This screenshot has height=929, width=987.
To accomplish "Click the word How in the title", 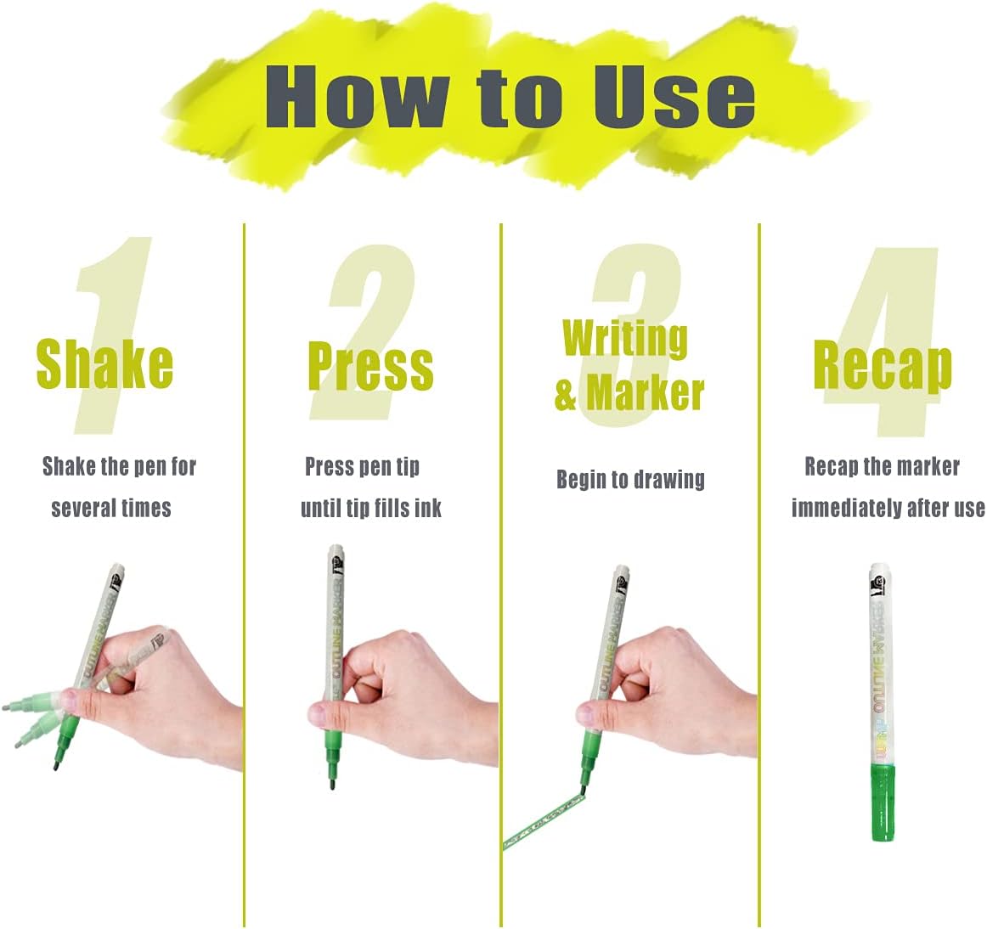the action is point(356,97).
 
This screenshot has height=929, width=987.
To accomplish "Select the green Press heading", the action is point(370,366).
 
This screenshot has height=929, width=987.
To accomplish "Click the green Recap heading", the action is point(883,366).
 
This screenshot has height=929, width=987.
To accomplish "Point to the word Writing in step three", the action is point(625,339).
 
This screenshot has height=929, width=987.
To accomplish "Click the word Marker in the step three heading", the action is point(646,393).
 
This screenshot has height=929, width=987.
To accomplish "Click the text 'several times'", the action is point(111,507).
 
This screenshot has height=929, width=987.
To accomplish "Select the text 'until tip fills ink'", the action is point(370,507).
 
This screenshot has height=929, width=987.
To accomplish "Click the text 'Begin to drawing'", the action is point(630,480).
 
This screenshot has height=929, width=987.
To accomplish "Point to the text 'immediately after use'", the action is point(888,507).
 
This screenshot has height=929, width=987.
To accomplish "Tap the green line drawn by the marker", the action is point(544,821).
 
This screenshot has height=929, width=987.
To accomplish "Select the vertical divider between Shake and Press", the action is point(245,575).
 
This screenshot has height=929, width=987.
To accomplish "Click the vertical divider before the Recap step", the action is point(759,575).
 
